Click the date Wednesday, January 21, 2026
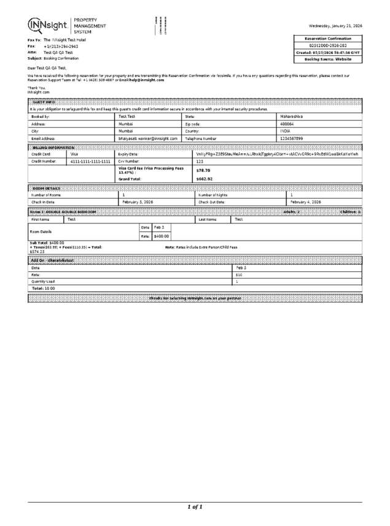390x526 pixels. tap(335, 26)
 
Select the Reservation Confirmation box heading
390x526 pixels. tap(329, 39)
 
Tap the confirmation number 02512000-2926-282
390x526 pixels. tap(329, 45)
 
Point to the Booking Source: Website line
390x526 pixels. tap(329, 60)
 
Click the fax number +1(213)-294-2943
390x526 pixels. tap(61, 46)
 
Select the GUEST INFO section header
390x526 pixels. tap(44, 101)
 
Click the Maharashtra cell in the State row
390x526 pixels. tap(292, 116)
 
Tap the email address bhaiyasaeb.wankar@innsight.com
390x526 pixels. tap(148, 139)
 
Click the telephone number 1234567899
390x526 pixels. tap(291, 139)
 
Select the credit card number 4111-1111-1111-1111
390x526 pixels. tap(90, 161)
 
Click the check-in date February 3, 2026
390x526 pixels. tap(138, 201)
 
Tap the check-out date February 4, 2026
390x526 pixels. tap(305, 201)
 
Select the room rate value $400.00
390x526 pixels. tap(162, 236)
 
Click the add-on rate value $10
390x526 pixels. tap(240, 275)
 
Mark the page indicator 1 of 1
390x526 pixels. tap(195, 507)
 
